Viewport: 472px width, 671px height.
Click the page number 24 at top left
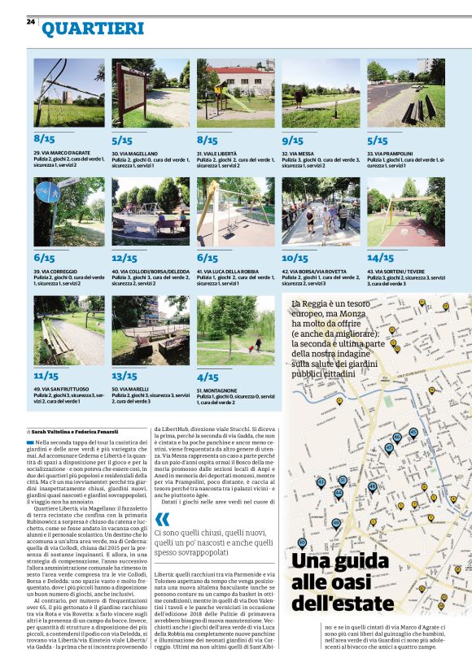(30, 21)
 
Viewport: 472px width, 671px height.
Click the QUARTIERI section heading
(93, 30)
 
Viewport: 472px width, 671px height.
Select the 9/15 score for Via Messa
(292, 140)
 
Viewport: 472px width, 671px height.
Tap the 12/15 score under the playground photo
(125, 258)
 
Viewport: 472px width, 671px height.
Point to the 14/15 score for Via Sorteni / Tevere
(380, 258)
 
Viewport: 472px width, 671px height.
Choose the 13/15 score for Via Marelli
(125, 376)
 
